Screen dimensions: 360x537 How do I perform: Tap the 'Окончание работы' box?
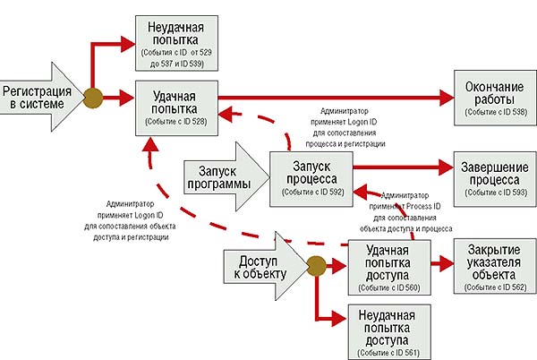(490, 98)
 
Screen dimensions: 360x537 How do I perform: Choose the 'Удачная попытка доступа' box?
(388, 266)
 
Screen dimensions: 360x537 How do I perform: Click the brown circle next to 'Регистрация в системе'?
(91, 98)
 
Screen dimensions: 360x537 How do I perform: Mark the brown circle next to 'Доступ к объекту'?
(315, 266)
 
